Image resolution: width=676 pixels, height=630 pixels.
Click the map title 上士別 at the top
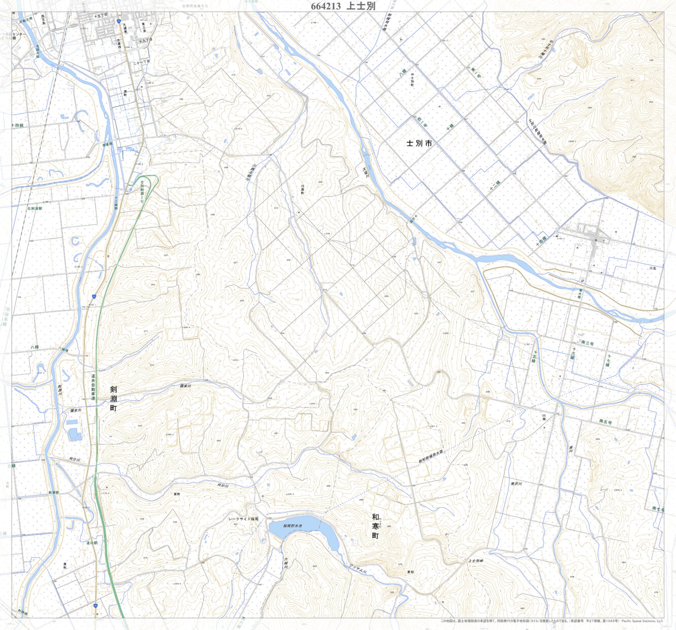[361, 6]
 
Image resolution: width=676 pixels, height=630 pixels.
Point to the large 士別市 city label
[419, 143]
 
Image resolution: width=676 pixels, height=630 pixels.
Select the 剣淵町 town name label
[114, 398]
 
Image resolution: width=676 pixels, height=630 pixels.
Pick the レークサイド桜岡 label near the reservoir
[243, 519]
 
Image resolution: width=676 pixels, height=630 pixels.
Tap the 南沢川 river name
[516, 484]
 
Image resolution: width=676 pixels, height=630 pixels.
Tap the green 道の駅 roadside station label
[92, 543]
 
